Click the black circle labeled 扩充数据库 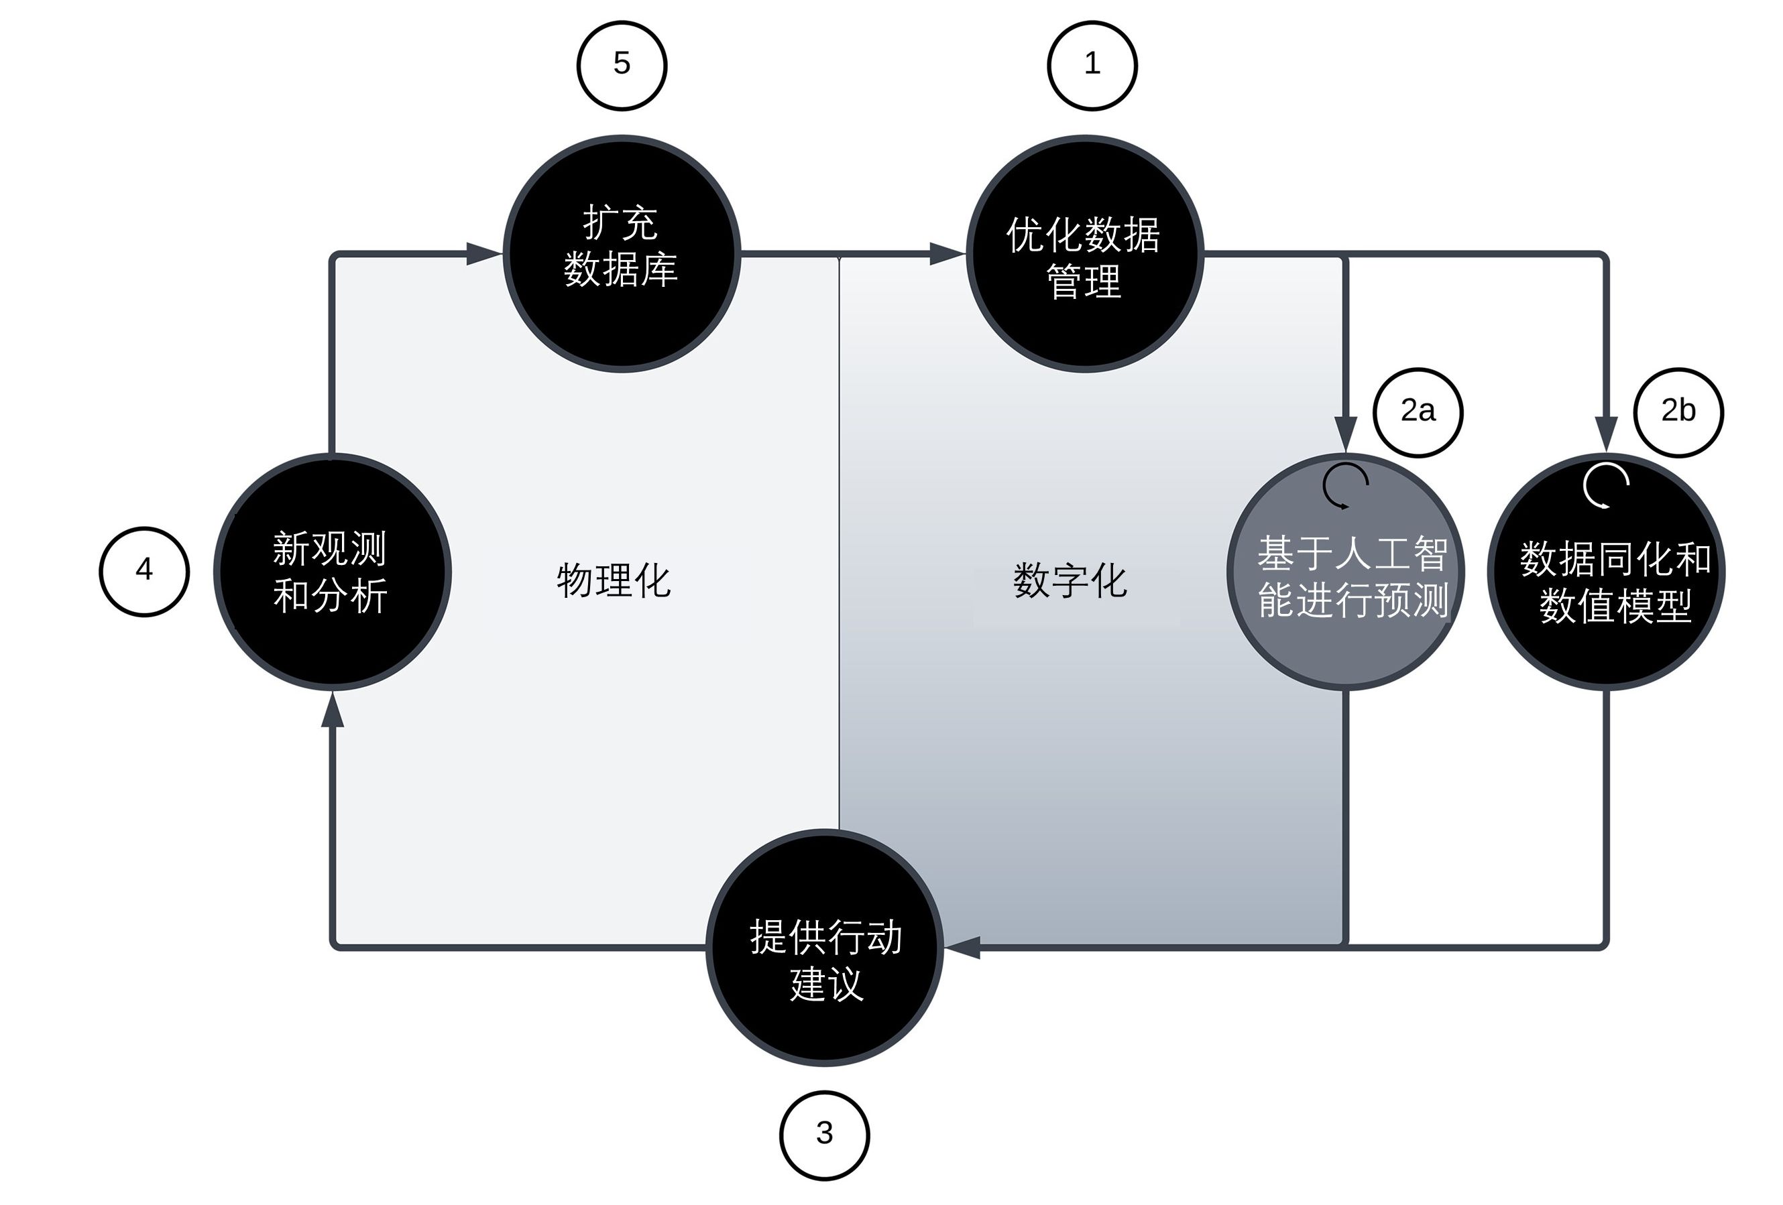(621, 253)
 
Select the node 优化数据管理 (1084, 253)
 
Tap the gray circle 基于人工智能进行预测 (1346, 572)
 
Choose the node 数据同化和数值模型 (1607, 572)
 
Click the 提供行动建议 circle (824, 947)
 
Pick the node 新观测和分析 (331, 572)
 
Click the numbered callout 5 (622, 65)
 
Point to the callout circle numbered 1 (1092, 65)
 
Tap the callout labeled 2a (1417, 412)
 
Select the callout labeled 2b (1678, 412)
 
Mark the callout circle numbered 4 (143, 571)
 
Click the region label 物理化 (614, 580)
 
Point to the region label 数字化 (1070, 580)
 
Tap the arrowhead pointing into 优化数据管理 (947, 253)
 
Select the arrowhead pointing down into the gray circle (1346, 434)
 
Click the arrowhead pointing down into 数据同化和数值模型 (1606, 434)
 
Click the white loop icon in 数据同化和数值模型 (1606, 485)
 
